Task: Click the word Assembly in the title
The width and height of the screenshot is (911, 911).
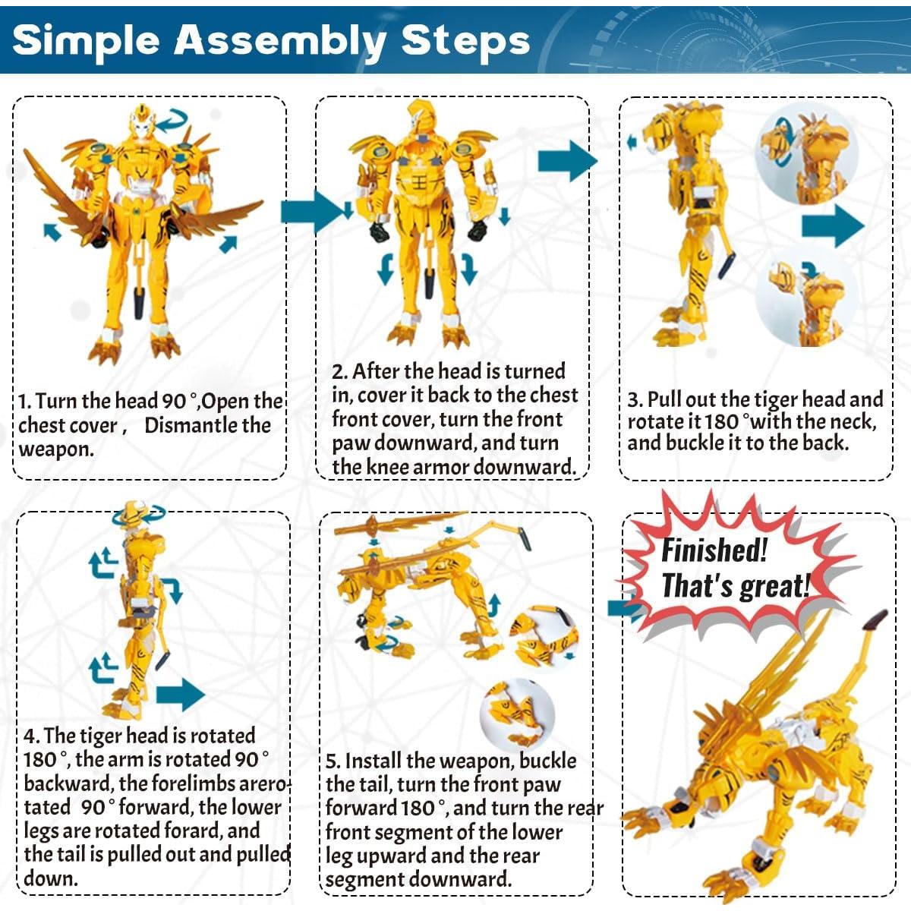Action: pyautogui.click(x=280, y=42)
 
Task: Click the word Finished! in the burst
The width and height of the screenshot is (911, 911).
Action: pyautogui.click(x=714, y=550)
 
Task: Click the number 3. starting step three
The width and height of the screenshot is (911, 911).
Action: pyautogui.click(x=635, y=400)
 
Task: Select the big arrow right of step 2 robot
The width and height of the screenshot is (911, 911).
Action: pyautogui.click(x=568, y=161)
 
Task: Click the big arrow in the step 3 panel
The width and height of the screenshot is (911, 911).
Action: pyautogui.click(x=833, y=226)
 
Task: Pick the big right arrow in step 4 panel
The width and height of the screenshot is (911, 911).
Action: pyautogui.click(x=180, y=695)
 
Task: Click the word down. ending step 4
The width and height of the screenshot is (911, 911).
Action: pyautogui.click(x=51, y=878)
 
